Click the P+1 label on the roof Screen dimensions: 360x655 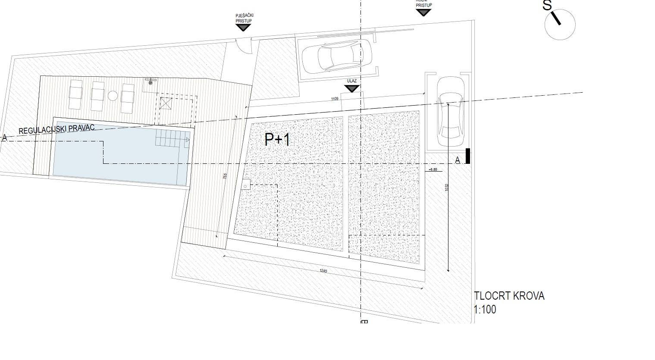(x=278, y=139)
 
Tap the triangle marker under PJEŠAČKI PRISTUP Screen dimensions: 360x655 (x=244, y=28)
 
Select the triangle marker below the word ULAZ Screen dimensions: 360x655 (x=352, y=88)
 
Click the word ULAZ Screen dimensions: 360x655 (x=351, y=81)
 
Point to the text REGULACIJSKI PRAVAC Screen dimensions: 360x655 (x=51, y=128)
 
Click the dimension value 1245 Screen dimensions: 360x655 (x=323, y=271)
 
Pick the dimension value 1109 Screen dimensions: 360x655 (x=335, y=99)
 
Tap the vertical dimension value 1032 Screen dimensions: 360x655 (x=447, y=188)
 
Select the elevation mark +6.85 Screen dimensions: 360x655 (x=433, y=169)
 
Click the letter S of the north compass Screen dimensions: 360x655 (x=547, y=6)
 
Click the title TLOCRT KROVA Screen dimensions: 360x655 (x=509, y=296)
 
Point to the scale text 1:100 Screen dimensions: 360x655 (x=485, y=310)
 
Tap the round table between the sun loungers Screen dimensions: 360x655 (x=113, y=96)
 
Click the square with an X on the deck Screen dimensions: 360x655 (x=166, y=103)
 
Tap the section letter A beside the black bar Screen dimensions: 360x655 (x=458, y=160)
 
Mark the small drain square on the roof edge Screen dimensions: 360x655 (x=245, y=185)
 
